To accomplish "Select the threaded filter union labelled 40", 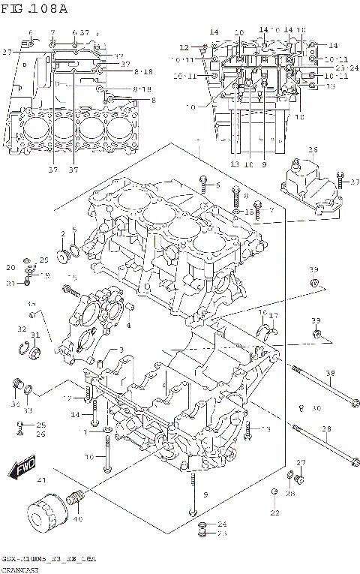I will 74,498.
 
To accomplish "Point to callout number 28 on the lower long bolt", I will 326,429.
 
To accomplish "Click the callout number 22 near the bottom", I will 274,513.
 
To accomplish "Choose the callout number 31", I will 34,334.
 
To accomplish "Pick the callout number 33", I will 27,410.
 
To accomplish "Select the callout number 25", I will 41,425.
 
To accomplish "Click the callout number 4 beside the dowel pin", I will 128,325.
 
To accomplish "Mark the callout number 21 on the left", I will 10,283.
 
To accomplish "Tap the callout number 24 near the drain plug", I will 222,524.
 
